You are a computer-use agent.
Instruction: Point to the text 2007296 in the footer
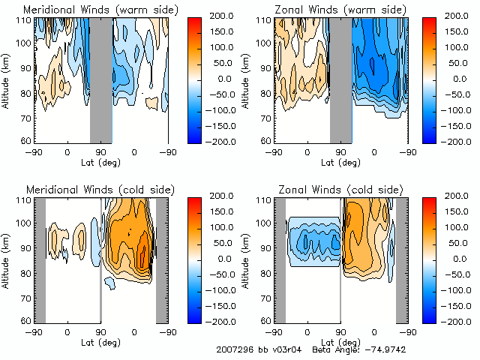coord(232,349)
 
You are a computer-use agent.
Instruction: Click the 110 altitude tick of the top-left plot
coord(23,20)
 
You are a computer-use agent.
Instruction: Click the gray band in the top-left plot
coord(100,79)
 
